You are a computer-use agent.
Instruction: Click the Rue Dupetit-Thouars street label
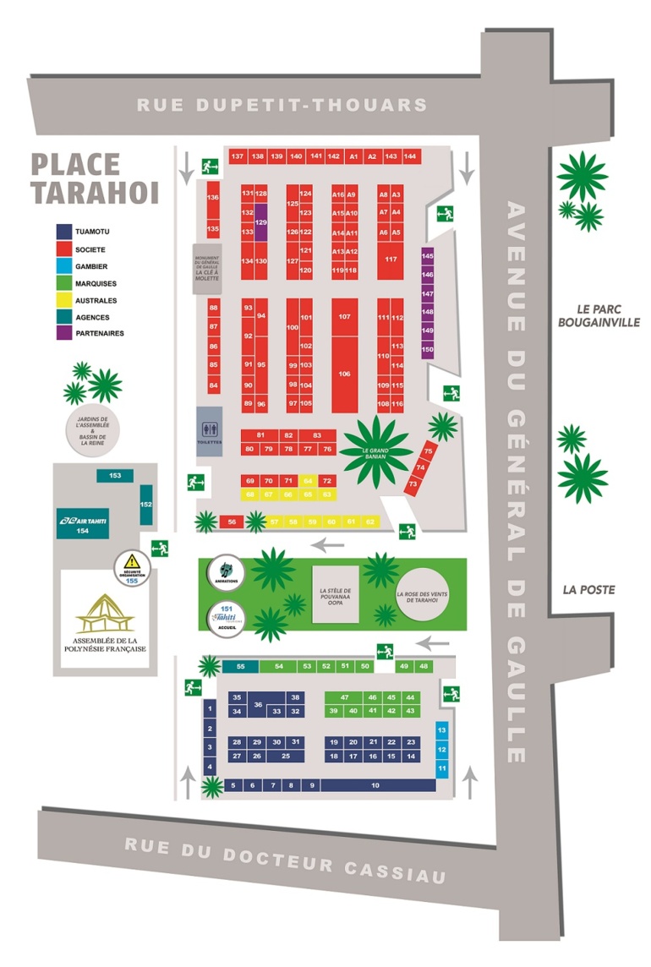282,105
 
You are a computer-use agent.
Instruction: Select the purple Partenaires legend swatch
64,334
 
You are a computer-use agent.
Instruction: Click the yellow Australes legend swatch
64,300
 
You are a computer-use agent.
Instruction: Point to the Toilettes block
210,431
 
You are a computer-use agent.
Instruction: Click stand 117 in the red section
391,259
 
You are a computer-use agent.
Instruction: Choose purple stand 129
261,221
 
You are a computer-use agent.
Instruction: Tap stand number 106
344,373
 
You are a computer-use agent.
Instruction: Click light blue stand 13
441,729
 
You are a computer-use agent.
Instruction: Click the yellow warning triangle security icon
131,560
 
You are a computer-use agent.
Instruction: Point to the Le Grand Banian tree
375,451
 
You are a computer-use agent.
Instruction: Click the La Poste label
591,589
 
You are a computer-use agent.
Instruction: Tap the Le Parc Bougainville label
599,315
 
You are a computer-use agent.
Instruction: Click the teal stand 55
241,667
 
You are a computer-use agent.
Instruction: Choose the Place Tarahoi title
95,178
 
